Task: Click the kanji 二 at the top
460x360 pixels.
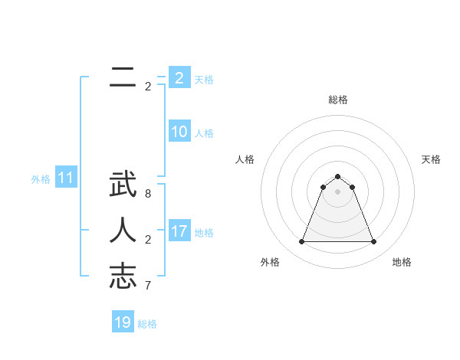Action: [x=123, y=77]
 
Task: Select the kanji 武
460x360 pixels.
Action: [x=123, y=187]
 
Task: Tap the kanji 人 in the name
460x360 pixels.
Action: [x=123, y=231]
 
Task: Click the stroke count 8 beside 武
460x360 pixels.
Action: [x=148, y=194]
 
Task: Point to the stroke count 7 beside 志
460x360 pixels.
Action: [x=148, y=285]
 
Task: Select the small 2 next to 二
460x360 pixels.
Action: [x=148, y=87]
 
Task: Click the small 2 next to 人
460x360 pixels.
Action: [x=148, y=240]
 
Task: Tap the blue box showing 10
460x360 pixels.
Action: [x=179, y=132]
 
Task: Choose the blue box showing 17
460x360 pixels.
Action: [x=179, y=231]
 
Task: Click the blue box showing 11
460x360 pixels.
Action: [x=66, y=178]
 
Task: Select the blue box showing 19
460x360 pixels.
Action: [x=123, y=322]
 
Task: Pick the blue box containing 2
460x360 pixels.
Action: [x=179, y=78]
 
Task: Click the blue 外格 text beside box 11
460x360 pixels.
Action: [x=41, y=179]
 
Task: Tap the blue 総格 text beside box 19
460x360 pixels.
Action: [x=147, y=324]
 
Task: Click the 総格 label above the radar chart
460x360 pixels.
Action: [x=338, y=100]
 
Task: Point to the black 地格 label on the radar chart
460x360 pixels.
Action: [x=402, y=262]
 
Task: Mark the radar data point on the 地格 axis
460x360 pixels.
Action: [x=373, y=242]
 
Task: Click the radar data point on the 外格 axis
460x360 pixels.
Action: [x=302, y=242]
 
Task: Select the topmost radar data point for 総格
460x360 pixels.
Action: [x=338, y=177]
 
